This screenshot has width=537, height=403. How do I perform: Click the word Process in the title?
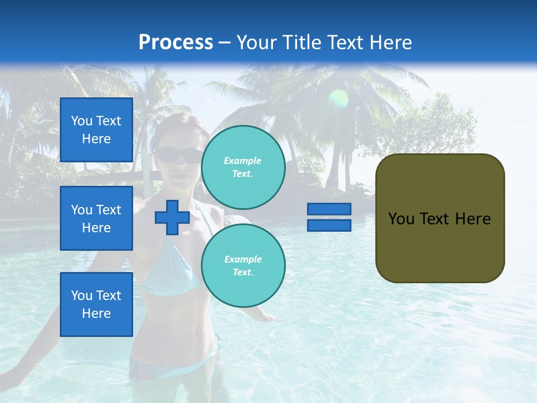(x=176, y=43)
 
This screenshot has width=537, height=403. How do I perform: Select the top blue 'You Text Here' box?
(x=96, y=130)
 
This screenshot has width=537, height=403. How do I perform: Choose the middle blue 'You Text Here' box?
(x=96, y=218)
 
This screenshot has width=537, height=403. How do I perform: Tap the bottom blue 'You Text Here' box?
(x=96, y=304)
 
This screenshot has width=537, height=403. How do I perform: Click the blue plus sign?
(x=172, y=218)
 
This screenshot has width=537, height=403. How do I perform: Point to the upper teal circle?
(x=243, y=167)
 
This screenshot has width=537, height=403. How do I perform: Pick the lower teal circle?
(x=243, y=266)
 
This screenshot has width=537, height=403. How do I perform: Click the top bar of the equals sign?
(x=329, y=209)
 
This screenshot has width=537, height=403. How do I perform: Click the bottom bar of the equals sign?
(x=329, y=225)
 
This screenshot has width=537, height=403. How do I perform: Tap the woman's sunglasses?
(x=178, y=155)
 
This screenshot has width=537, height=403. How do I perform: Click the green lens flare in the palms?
(x=338, y=99)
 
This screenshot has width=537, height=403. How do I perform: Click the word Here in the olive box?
(x=473, y=219)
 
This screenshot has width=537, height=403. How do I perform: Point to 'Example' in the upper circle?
(x=243, y=161)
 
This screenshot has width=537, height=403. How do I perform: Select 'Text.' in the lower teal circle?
(x=243, y=273)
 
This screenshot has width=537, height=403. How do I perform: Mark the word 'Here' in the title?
(x=391, y=43)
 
